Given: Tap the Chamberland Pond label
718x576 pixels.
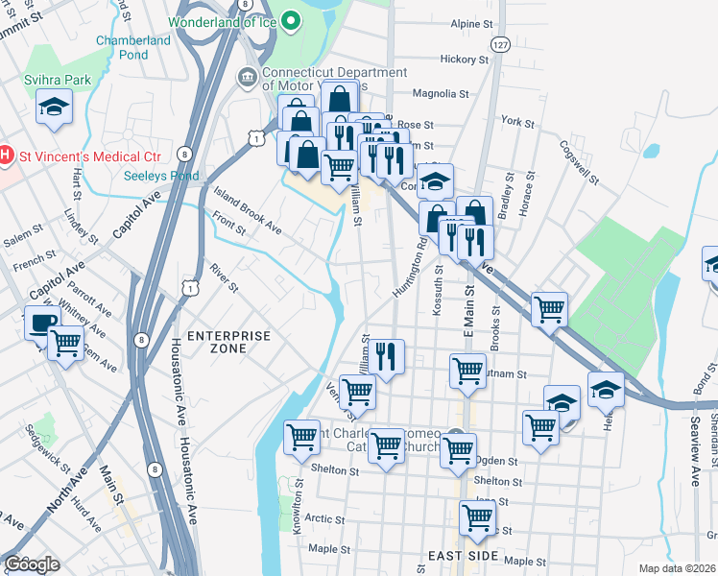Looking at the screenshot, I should coord(135,47).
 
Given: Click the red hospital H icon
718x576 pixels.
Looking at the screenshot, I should coord(5,154).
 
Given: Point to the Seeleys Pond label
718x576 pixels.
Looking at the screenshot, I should coord(161,176).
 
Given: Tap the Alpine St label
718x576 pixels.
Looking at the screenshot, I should coord(471,23).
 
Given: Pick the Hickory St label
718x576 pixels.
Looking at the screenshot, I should coord(465,59).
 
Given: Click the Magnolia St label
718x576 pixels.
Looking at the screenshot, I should coord(440,94).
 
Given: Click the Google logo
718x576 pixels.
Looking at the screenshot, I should coord(32,564).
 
